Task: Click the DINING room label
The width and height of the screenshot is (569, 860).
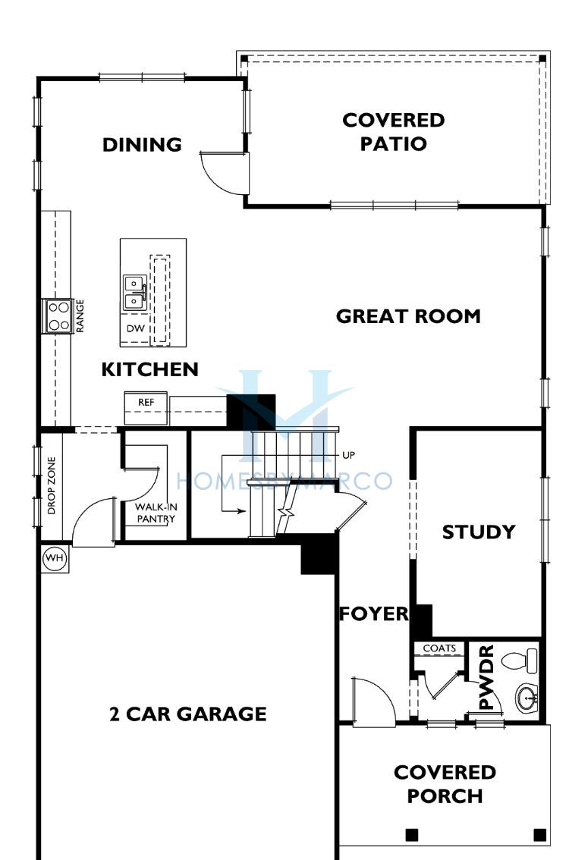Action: [x=142, y=145]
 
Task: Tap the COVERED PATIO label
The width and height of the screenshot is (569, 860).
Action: [x=394, y=132]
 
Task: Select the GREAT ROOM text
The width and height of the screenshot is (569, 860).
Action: [x=408, y=316]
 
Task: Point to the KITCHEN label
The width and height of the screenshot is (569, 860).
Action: [x=149, y=369]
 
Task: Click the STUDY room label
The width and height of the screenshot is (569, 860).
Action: [x=479, y=532]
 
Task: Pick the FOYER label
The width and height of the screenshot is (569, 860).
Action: [x=374, y=614]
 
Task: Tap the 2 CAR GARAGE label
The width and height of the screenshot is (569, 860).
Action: [x=188, y=714]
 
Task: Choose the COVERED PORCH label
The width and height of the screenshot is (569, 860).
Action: [x=445, y=783]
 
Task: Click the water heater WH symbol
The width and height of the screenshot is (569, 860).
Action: [x=55, y=559]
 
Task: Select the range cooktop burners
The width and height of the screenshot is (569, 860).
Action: [x=58, y=316]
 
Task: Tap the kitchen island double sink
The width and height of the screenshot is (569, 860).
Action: [x=134, y=292]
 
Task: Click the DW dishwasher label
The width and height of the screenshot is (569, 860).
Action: [x=136, y=328]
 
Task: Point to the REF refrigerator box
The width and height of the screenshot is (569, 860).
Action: [x=146, y=407]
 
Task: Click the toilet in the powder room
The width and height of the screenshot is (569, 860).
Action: [x=520, y=661]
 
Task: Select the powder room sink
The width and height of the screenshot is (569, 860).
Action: [x=527, y=698]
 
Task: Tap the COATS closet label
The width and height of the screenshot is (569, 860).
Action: [x=439, y=648]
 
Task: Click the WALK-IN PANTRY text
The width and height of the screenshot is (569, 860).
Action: [x=156, y=513]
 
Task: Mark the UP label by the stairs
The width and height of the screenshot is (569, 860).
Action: [x=348, y=455]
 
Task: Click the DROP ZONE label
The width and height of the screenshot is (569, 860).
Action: [x=52, y=485]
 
